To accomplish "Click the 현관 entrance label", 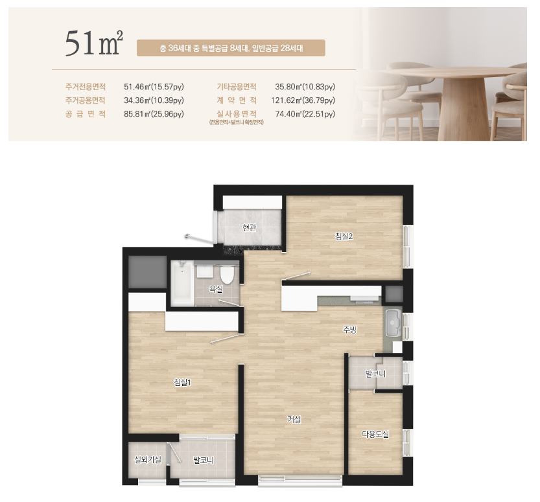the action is (249, 227).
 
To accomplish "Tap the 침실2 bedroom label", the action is (344, 236).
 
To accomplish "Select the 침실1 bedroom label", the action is (183, 382).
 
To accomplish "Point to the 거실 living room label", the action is (294, 419).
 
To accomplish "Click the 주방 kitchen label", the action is (349, 330).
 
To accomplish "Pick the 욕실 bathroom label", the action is (216, 289).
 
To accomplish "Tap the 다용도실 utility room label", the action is (375, 434).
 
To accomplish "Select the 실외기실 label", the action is (148, 459).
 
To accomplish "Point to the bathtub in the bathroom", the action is (182, 283).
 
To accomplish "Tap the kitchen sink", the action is (393, 323).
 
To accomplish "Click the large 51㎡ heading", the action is (94, 43).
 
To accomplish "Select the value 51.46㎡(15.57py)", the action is (154, 87).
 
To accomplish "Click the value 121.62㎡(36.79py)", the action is (303, 100).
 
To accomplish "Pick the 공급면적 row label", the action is (86, 114).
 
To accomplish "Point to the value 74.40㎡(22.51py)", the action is (305, 114).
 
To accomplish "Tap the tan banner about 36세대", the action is (231, 48).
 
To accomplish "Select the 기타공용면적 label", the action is (237, 87).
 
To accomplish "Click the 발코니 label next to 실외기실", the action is (203, 460).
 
